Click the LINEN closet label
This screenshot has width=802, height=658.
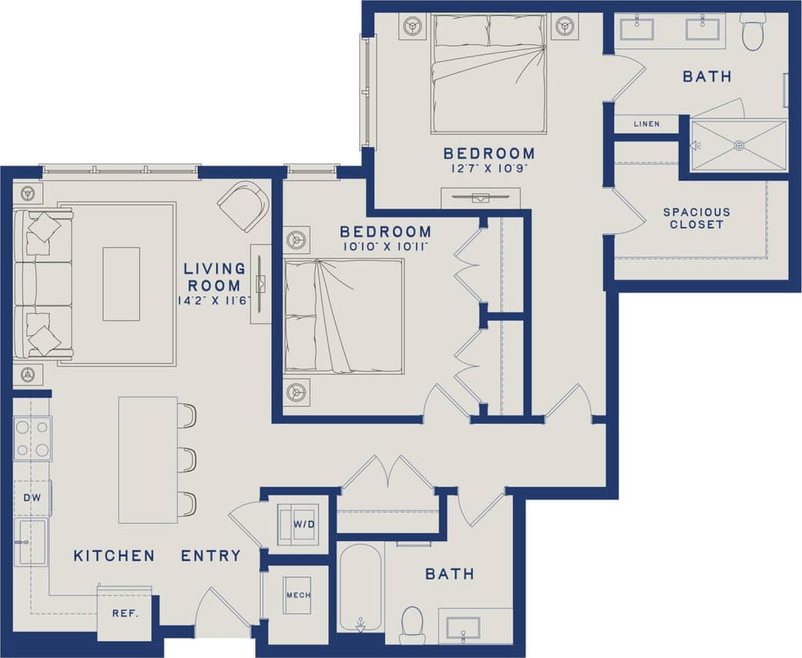[x=646, y=124]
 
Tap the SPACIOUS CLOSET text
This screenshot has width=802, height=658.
[x=697, y=219]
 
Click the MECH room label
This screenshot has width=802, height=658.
[x=298, y=595]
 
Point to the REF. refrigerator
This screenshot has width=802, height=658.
[x=124, y=614]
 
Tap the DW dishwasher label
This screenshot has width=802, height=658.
[x=32, y=498]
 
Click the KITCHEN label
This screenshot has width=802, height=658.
[x=114, y=556]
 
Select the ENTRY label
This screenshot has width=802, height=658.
[x=211, y=556]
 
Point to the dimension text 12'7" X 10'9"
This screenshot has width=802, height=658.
[x=489, y=169]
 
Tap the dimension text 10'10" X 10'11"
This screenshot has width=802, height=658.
[x=385, y=247]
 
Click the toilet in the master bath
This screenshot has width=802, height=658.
[x=753, y=32]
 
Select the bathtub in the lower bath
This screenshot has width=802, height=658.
[x=360, y=586]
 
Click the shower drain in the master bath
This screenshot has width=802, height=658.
[x=739, y=145]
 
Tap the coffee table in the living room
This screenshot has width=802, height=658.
[x=121, y=283]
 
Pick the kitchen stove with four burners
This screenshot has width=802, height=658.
[x=32, y=438]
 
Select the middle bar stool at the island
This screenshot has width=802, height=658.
[x=187, y=459]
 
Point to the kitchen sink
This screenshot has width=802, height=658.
[x=32, y=542]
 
